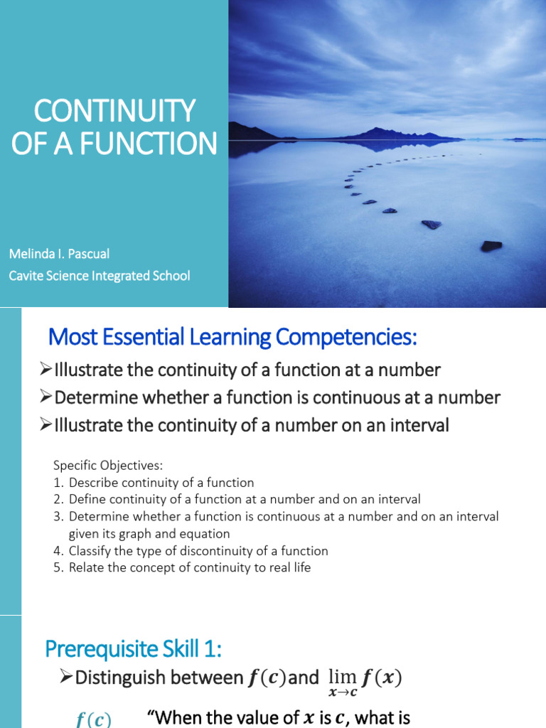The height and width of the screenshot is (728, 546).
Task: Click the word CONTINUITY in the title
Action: (x=114, y=111)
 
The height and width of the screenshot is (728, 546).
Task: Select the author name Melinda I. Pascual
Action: (x=59, y=254)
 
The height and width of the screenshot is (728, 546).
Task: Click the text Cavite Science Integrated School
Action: (x=100, y=275)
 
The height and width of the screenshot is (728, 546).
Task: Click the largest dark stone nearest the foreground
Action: (x=491, y=246)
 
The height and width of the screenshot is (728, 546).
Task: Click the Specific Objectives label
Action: (x=108, y=466)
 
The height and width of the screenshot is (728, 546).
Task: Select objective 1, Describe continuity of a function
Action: (x=161, y=483)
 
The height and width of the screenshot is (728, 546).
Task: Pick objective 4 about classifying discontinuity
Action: (x=198, y=551)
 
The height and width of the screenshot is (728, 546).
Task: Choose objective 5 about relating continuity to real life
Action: (x=189, y=568)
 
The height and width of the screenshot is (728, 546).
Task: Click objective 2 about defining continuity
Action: (x=244, y=500)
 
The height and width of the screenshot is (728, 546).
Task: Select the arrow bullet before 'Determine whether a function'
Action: (x=46, y=397)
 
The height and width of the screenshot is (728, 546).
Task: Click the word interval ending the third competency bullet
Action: (x=420, y=426)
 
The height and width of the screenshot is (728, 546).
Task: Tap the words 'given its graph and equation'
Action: (x=149, y=534)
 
